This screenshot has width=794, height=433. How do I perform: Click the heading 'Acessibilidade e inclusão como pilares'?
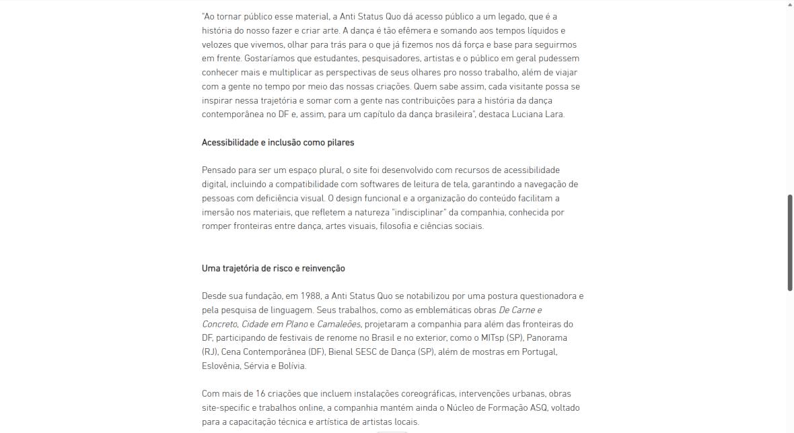pos(278,143)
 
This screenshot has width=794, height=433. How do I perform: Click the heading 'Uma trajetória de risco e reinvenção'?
pos(273,269)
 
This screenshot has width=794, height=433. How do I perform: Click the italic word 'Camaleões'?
pos(338,325)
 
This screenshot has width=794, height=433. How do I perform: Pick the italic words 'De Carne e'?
pos(519,310)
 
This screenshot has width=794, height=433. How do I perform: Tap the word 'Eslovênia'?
pos(221,366)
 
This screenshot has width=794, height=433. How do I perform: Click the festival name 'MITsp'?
pos(493,338)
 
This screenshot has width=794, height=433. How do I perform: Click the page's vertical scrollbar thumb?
pos(790,242)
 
